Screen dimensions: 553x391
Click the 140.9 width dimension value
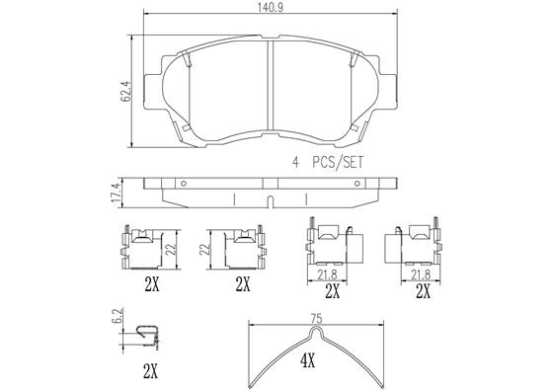click(271, 8)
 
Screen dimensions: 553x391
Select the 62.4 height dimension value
click(125, 92)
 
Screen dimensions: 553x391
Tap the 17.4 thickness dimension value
click(117, 193)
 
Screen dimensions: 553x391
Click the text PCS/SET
click(338, 163)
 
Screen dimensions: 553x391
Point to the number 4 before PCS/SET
click(296, 163)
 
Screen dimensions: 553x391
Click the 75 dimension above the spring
click(317, 319)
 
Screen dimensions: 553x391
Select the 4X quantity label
click(307, 361)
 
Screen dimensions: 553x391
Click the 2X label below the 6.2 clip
click(150, 372)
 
